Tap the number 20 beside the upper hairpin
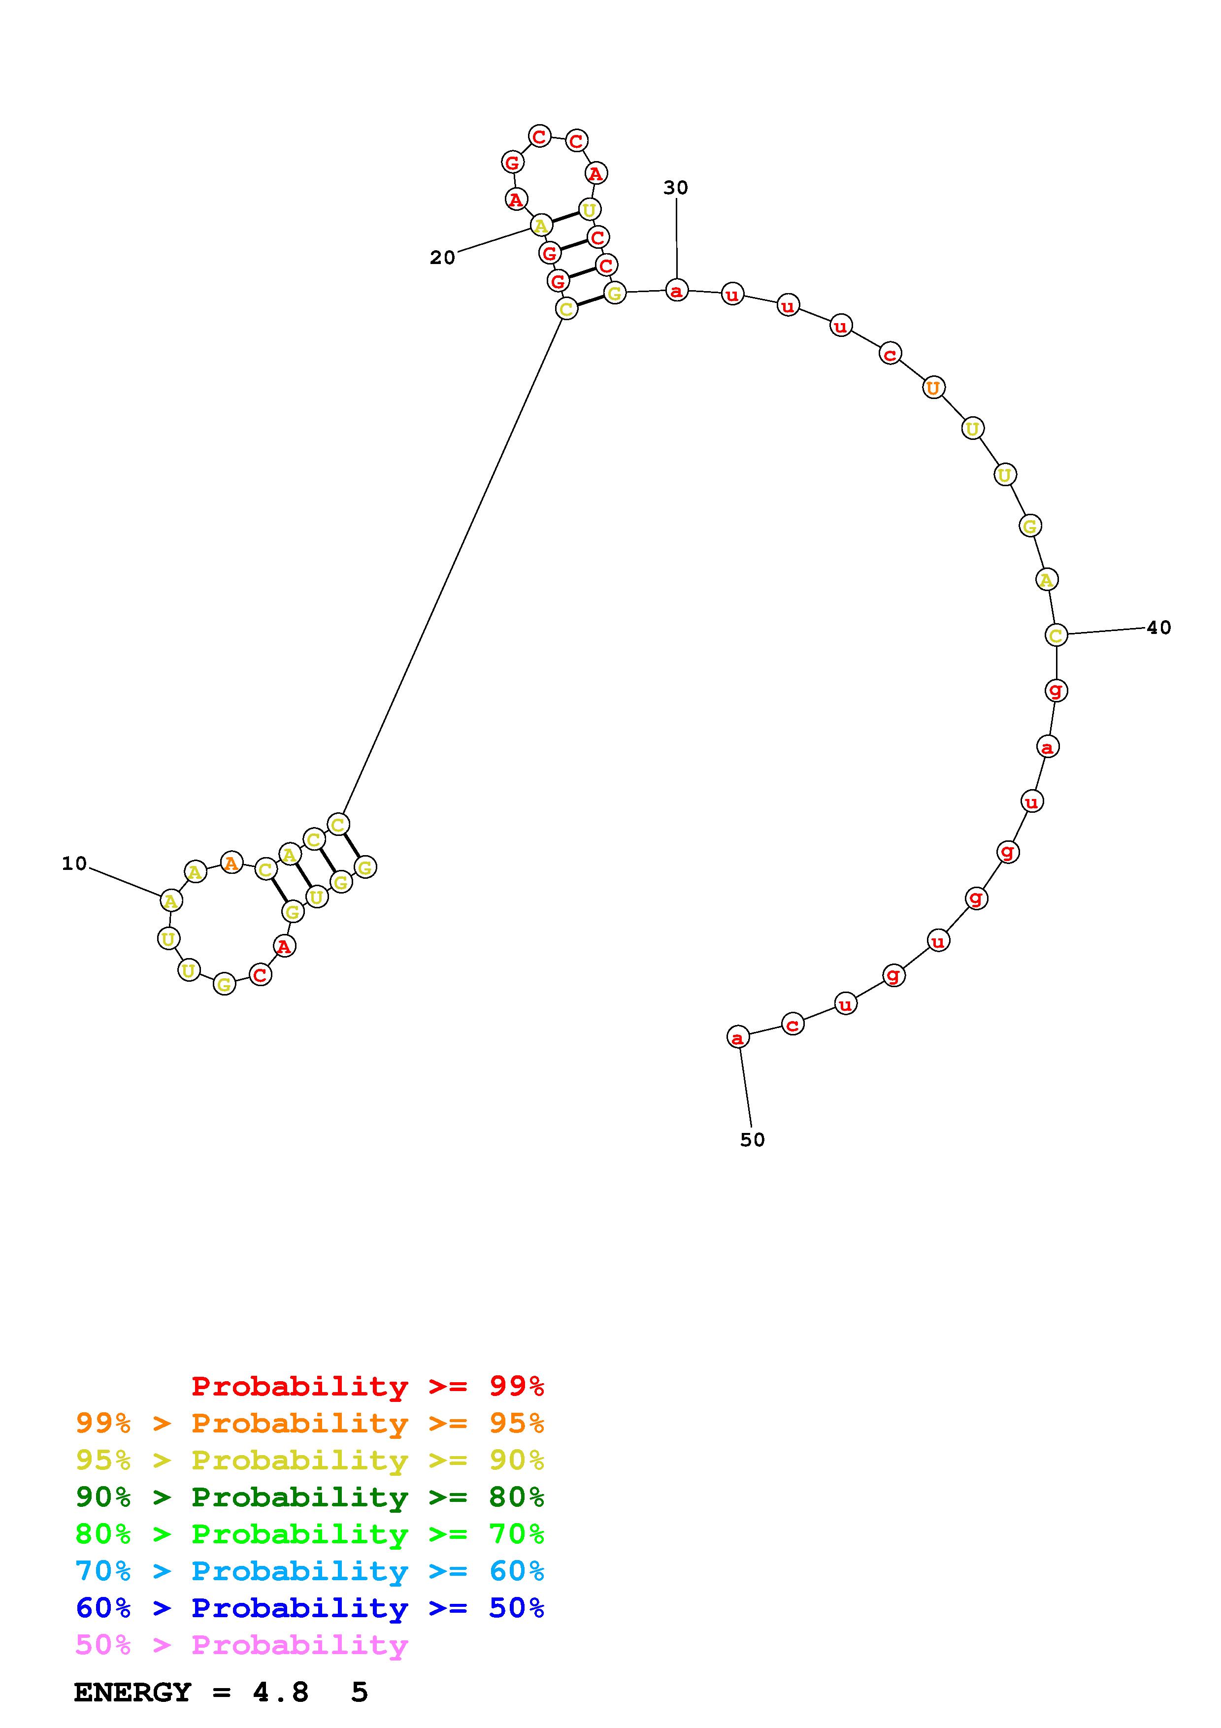click(x=442, y=258)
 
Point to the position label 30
click(x=676, y=187)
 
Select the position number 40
click(x=1158, y=627)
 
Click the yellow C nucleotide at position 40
click(x=1056, y=635)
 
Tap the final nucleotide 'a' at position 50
click(x=738, y=1037)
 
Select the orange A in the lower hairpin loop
click(x=231, y=863)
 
